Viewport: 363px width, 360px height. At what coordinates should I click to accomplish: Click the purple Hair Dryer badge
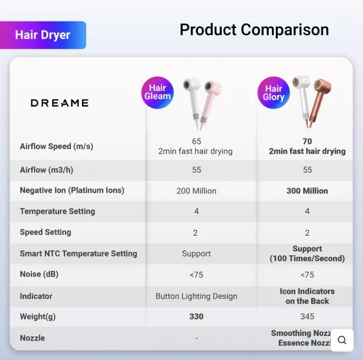43,35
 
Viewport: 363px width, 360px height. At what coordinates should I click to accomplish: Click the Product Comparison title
254,30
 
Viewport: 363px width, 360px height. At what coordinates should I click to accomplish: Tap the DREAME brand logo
59,103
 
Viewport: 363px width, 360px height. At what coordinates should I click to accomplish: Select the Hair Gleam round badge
157,92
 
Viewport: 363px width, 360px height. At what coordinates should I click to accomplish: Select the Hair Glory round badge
273,92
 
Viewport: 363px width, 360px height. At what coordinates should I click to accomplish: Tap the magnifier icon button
342,340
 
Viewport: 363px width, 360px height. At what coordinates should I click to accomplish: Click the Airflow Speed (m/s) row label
57,146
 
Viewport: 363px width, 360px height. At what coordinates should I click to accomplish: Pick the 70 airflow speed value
307,141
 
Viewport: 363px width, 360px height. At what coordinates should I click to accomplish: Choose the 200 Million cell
196,191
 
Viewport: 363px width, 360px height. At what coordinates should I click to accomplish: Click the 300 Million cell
307,191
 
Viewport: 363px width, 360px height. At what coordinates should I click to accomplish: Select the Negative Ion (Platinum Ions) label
72,191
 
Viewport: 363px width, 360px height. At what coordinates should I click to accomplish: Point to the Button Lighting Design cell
196,296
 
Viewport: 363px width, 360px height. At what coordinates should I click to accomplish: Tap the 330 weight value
196,317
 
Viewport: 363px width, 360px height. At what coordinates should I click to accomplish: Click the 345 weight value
307,317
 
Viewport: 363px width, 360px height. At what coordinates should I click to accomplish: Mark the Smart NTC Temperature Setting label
79,254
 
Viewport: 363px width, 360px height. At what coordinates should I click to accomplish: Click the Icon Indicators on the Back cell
307,296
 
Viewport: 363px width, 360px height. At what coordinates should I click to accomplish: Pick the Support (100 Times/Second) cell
307,254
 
